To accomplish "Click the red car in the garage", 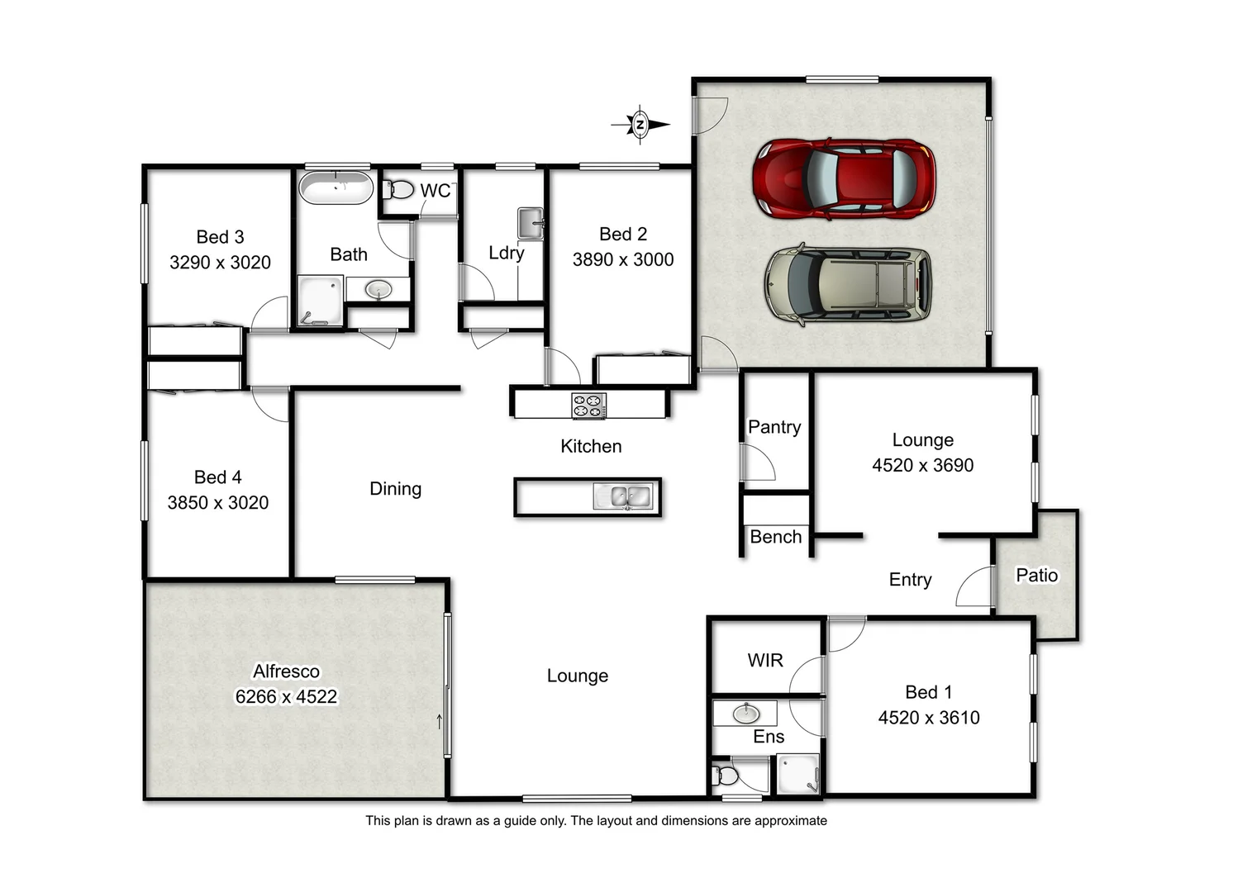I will [x=844, y=179].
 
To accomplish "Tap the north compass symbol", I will [x=640, y=126].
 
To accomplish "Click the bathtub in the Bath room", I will [x=336, y=187].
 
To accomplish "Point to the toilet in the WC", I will [x=399, y=190].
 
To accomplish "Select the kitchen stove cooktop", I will [x=588, y=406].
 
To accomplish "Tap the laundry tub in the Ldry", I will [x=530, y=223].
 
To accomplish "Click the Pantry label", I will [x=774, y=427].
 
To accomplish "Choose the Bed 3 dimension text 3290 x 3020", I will [x=220, y=263].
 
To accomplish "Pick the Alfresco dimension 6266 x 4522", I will [x=286, y=697].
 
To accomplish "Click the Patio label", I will [x=1036, y=576].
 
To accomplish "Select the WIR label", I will [x=764, y=661].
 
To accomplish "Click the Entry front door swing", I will [x=975, y=587].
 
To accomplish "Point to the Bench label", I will [x=775, y=537].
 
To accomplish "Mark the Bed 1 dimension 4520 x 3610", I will [x=929, y=718].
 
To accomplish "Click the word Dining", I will [x=395, y=489].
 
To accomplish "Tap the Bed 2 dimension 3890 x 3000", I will [x=623, y=259].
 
